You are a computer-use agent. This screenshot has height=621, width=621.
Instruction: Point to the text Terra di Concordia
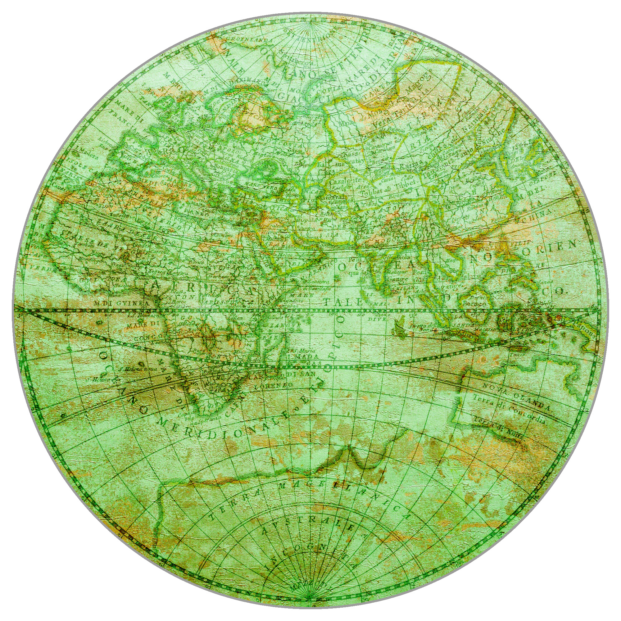[508, 409]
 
